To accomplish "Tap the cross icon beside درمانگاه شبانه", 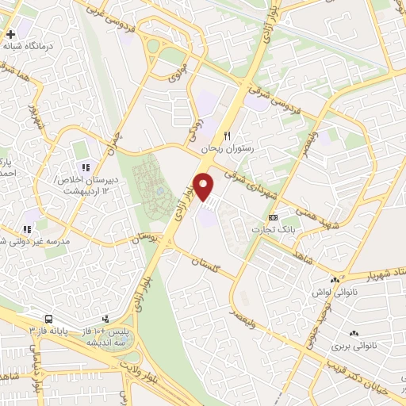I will click(x=11, y=35).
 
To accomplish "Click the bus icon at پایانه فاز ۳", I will click(x=50, y=317).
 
